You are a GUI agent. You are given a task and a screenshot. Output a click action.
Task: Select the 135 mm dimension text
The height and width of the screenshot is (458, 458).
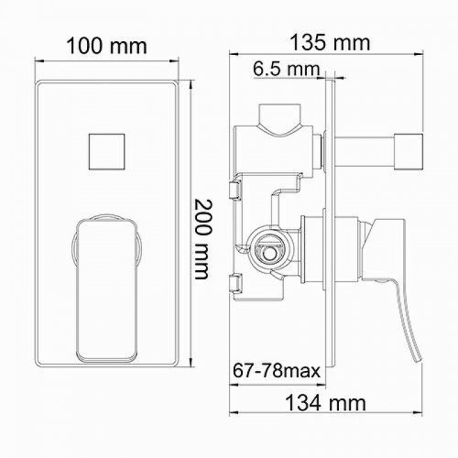tap(327, 42)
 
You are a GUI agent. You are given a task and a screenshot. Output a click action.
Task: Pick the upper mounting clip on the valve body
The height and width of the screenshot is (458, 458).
tap(235, 191)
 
